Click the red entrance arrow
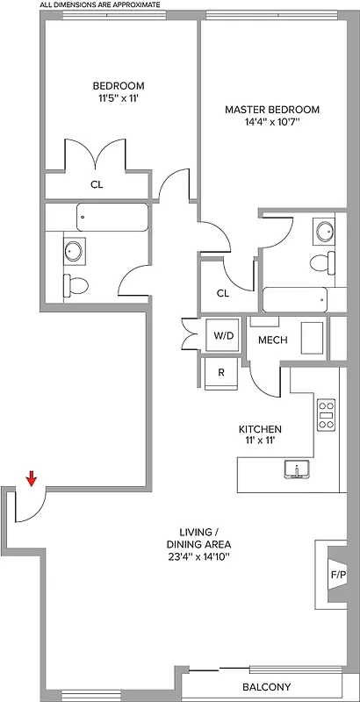[32, 478]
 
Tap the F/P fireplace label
[337, 576]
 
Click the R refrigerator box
[222, 373]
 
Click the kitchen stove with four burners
[326, 414]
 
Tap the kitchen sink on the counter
[297, 470]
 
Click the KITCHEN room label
[260, 429]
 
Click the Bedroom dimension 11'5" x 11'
[119, 100]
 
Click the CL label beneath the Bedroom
[97, 185]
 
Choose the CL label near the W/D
[222, 293]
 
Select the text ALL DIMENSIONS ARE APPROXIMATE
[100, 5]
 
